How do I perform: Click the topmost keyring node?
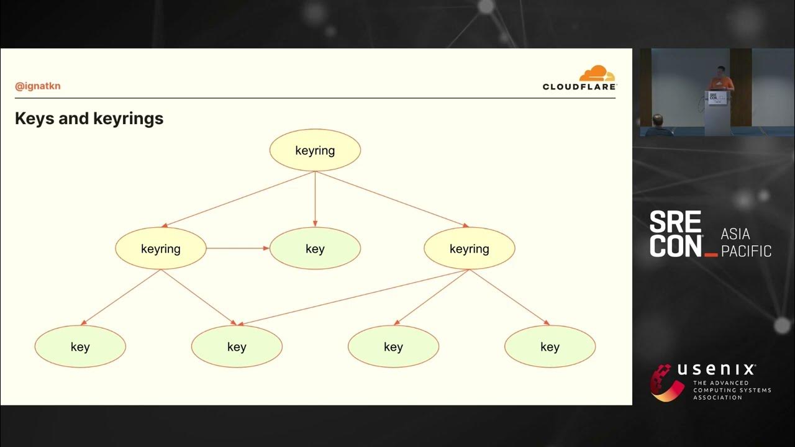315,150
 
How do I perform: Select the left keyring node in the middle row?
161,248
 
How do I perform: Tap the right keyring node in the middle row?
469,248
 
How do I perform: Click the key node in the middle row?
315,248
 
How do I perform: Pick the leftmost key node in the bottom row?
80,346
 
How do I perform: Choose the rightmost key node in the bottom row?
550,346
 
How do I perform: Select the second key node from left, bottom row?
237,346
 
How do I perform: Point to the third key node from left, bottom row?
393,346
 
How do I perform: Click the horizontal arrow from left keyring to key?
237,248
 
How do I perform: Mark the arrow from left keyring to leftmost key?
120,297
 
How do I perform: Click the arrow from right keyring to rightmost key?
509,297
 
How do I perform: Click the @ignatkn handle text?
38,86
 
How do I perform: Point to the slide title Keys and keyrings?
89,119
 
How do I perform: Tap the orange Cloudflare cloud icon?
597,74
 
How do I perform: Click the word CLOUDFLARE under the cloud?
579,87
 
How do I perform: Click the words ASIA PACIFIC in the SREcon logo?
746,243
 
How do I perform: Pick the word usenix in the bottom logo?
716,370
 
